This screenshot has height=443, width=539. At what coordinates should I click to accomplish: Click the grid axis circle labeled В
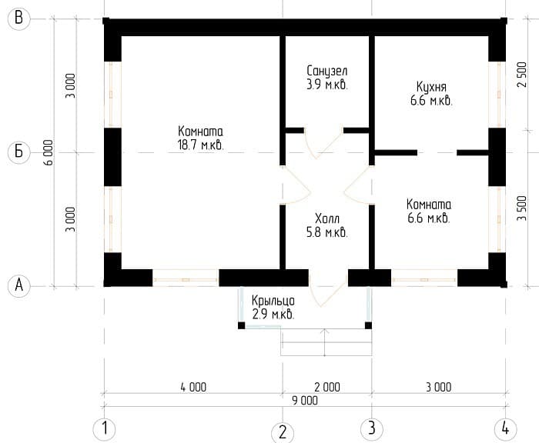[x=19, y=18]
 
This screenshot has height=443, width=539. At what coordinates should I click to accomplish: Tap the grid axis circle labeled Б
[x=19, y=152]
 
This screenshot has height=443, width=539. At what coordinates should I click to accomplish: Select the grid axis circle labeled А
[x=19, y=285]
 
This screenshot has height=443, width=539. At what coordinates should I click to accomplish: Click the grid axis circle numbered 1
[x=105, y=429]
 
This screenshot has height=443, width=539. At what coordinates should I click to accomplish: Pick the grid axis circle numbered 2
[x=283, y=433]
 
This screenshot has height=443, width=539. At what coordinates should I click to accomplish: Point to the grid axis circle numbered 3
[x=372, y=429]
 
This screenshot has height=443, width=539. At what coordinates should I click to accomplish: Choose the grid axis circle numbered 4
[x=505, y=429]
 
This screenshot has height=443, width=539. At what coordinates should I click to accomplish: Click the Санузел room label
[x=327, y=71]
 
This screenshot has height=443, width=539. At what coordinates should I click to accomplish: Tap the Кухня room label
[x=431, y=87]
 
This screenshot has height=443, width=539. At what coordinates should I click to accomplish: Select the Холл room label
[x=327, y=218]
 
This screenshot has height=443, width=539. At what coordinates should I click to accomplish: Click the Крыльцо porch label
[x=273, y=301]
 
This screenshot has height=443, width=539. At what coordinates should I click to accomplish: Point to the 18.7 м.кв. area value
[x=200, y=145]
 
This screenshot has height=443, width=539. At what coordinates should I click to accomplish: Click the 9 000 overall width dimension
[x=305, y=401]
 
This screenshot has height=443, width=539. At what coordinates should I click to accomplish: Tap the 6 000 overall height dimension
[x=49, y=152]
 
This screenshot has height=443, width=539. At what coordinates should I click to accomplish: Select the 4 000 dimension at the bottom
[x=193, y=387]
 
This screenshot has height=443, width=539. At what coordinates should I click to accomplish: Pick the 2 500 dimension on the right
[x=521, y=75]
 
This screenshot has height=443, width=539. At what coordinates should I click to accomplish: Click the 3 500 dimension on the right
[x=521, y=208]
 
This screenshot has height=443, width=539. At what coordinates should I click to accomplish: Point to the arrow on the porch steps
[x=325, y=342]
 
